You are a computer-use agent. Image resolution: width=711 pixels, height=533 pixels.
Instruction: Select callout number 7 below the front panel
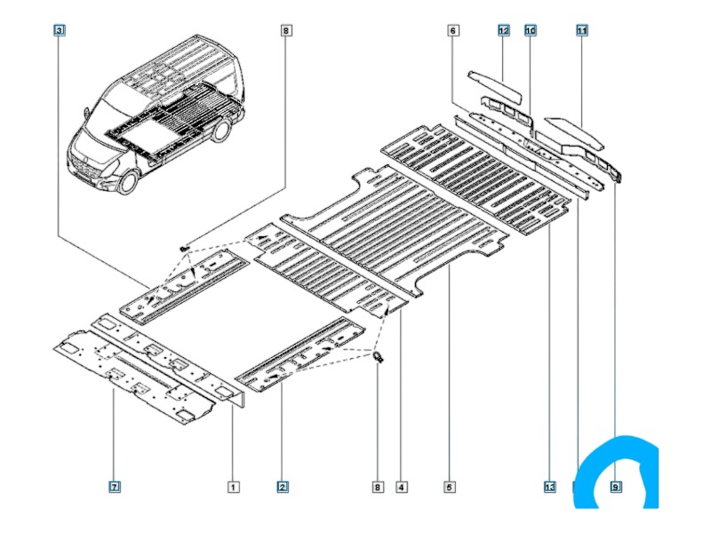click(115, 486)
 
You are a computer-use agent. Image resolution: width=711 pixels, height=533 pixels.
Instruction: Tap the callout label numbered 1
click(232, 486)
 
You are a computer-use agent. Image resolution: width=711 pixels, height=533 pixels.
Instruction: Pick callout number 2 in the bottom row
click(282, 486)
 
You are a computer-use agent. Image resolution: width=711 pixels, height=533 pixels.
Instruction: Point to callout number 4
click(403, 486)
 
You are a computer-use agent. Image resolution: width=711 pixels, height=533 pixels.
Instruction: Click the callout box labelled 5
click(450, 486)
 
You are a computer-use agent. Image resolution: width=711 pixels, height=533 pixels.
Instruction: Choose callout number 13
click(550, 486)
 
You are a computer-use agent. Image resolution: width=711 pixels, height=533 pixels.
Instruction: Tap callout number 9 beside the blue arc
click(615, 486)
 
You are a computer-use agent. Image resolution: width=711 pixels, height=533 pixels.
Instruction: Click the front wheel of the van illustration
click(126, 180)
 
